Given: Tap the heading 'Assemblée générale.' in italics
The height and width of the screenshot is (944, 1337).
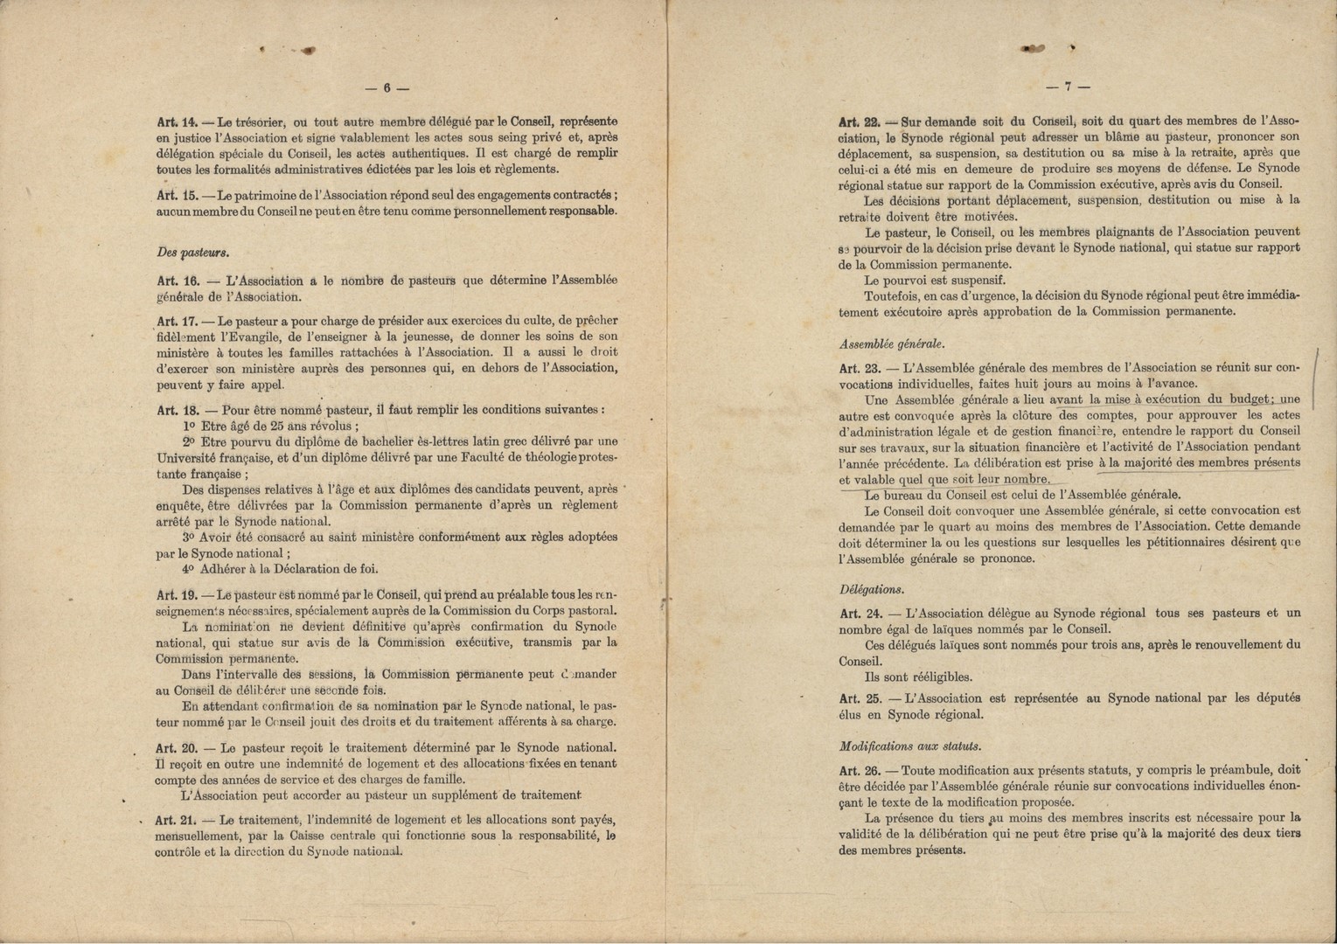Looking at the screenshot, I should (892, 344).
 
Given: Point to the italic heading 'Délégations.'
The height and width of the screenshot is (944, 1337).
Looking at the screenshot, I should (872, 590).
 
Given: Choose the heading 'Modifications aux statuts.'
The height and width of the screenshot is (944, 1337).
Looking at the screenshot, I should (909, 746).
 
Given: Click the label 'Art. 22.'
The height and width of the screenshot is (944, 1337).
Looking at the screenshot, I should (860, 121).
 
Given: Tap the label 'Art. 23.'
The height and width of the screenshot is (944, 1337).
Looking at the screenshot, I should (860, 369).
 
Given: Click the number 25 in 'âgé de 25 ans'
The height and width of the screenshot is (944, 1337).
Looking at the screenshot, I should (276, 427).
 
